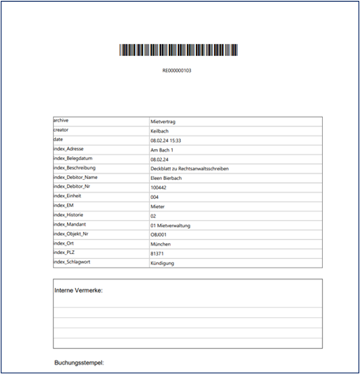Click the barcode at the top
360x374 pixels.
click(177, 50)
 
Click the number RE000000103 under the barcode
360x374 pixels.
click(177, 70)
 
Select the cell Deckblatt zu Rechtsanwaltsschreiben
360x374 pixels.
click(193, 168)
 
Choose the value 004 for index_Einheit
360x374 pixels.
click(155, 196)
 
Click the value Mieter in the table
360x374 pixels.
click(158, 206)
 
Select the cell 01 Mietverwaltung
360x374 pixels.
click(173, 225)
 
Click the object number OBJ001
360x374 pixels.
click(158, 234)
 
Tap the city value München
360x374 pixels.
click(160, 244)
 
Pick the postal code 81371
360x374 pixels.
click(157, 253)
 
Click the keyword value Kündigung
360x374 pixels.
click(163, 263)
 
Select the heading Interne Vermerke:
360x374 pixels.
click(78, 290)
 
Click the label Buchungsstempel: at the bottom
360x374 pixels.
click(79, 363)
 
